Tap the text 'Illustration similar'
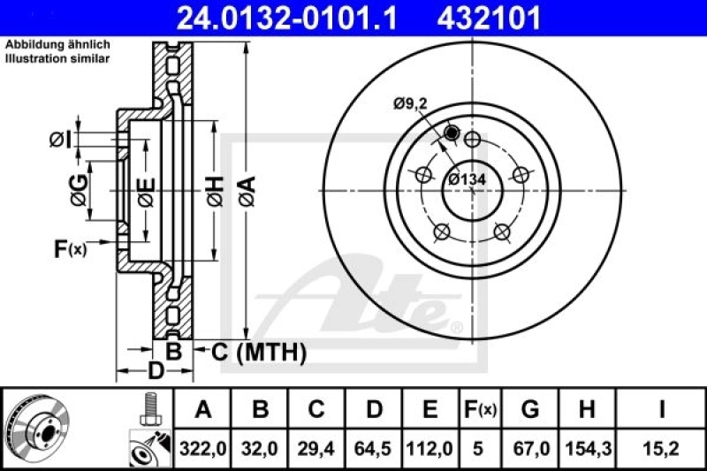[57, 59]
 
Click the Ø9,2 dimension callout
[411, 104]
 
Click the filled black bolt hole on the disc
[452, 133]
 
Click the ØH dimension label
[215, 189]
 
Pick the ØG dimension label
[78, 189]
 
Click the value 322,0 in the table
[204, 449]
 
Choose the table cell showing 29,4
[316, 449]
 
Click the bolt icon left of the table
[148, 410]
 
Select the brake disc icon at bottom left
[34, 428]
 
